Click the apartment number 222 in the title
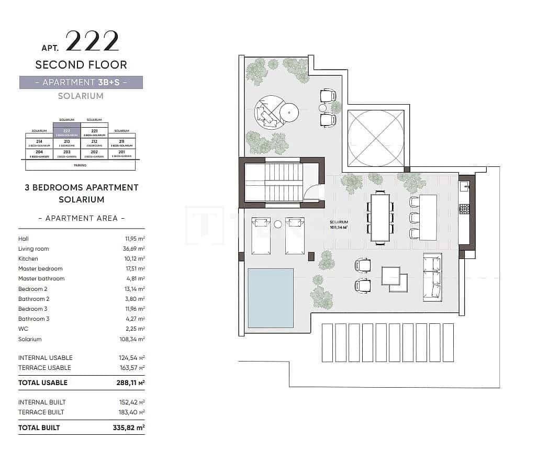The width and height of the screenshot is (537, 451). point(92,41)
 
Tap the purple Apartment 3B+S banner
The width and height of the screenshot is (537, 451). point(81,82)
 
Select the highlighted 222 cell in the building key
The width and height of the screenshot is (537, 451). point(66,132)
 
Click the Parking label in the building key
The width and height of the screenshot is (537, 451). point(80,165)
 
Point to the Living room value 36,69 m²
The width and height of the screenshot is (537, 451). point(133,249)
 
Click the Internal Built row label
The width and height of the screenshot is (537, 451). point(42,402)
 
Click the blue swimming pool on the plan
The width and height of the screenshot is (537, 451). point(270,297)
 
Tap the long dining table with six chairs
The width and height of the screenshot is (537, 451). point(381,217)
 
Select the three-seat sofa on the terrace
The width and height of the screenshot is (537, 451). point(432,277)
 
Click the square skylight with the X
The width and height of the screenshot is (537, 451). point(376,138)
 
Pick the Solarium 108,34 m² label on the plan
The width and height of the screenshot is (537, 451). point(339,224)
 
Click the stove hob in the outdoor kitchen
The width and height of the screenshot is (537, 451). point(464,209)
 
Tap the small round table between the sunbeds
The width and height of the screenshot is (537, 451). point(278,224)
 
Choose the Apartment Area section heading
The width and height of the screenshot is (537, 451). point(82,218)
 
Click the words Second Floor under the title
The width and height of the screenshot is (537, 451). point(81,65)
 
